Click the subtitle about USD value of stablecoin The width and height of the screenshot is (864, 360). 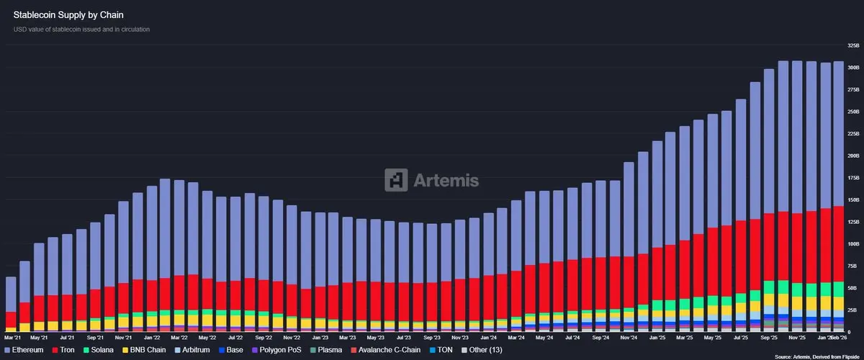pyautogui.click(x=81, y=29)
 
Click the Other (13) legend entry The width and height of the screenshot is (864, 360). pyautogui.click(x=482, y=350)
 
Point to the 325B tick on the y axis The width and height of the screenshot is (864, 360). pyautogui.click(x=853, y=45)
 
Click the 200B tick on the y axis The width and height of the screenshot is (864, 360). pyautogui.click(x=853, y=156)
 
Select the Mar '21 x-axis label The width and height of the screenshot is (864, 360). pyautogui.click(x=12, y=336)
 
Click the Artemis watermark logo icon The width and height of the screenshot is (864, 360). pyautogui.click(x=396, y=180)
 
